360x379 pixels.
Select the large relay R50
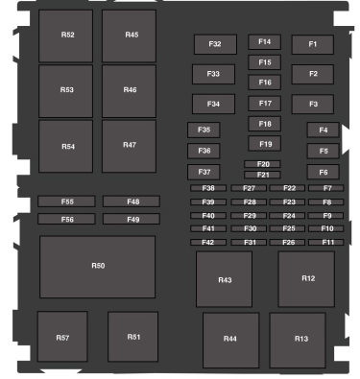[x=97, y=266]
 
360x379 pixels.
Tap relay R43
[x=224, y=280]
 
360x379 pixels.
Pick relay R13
[x=301, y=339]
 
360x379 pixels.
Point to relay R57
[x=62, y=338]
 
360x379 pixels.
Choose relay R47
[x=130, y=145]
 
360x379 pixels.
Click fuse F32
[x=214, y=44]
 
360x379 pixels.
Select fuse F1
[x=313, y=44]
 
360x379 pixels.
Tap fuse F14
[x=264, y=42]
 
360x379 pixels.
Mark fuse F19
[x=264, y=144]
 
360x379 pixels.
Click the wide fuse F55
[x=66, y=201]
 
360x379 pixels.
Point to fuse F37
[x=204, y=172]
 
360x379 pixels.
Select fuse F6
[x=324, y=172]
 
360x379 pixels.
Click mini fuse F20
[x=262, y=164]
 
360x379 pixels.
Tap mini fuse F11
[x=326, y=242]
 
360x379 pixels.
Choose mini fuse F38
[x=207, y=188]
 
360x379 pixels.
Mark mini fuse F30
[x=250, y=228]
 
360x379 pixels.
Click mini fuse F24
[x=288, y=216]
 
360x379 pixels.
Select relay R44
[x=230, y=340]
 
